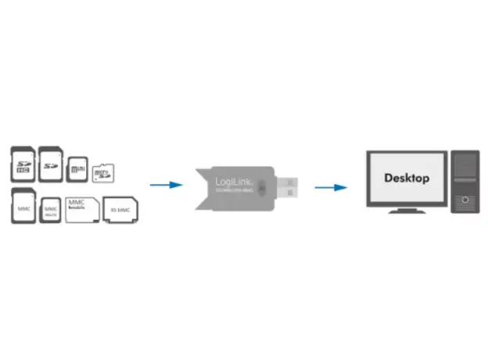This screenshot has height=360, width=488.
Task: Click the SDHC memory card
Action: (x=23, y=163)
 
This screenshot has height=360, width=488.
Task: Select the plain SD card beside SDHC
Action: (x=51, y=163)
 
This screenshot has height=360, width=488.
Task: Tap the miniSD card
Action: (x=77, y=167)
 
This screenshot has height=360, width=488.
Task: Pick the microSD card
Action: (x=102, y=172)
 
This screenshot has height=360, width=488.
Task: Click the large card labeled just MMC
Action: (x=23, y=207)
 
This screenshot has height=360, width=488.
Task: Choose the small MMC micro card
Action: (x=51, y=211)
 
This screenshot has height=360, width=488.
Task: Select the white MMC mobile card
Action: (x=81, y=209)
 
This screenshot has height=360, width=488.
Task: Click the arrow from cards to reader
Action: (x=166, y=185)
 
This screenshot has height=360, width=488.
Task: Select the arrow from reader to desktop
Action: (x=331, y=187)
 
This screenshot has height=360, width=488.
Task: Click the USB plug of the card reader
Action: (x=288, y=187)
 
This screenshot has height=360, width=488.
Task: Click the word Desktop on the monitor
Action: (x=407, y=178)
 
